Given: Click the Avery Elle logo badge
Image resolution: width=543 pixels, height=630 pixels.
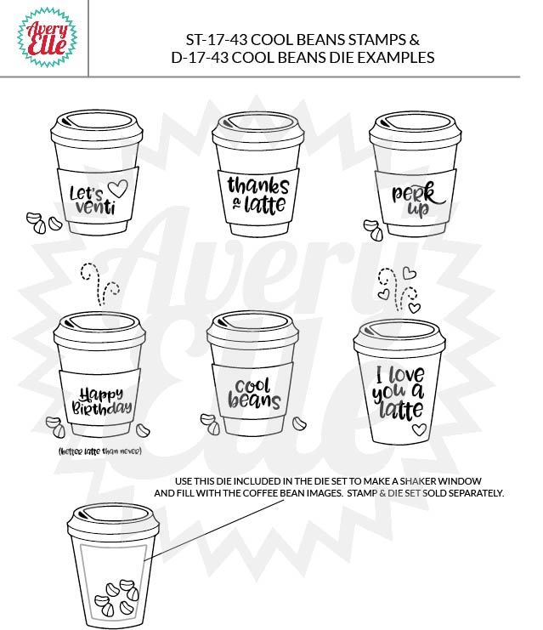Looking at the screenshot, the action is click(x=47, y=37).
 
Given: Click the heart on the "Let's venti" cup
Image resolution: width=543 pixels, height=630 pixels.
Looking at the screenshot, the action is click(x=118, y=188).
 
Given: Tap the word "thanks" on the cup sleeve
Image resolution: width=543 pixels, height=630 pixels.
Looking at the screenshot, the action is click(x=258, y=186).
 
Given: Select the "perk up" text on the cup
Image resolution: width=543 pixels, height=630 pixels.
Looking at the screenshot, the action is click(x=418, y=199).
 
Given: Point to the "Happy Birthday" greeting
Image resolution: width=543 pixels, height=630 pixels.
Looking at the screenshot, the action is click(x=102, y=400).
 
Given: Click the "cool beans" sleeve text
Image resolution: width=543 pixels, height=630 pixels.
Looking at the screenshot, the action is click(x=254, y=394).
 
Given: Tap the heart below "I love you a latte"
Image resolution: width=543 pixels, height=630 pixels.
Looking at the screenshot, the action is click(x=419, y=429).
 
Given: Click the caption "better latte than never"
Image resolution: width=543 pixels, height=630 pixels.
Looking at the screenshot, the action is click(x=100, y=451).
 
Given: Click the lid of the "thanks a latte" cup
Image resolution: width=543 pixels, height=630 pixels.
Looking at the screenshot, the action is click(x=257, y=129).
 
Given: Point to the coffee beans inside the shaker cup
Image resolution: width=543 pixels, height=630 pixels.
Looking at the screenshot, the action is click(x=116, y=598).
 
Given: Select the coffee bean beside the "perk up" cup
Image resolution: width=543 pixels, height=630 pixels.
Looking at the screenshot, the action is click(x=374, y=230).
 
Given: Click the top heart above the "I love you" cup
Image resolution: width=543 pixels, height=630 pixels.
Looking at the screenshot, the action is click(x=410, y=273).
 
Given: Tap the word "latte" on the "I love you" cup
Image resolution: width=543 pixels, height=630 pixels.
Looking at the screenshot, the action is click(x=401, y=411).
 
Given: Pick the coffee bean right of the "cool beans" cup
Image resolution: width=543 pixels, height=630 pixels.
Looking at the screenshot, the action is click(x=299, y=423).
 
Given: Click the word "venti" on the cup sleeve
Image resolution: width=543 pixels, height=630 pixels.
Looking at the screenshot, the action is click(x=95, y=207).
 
